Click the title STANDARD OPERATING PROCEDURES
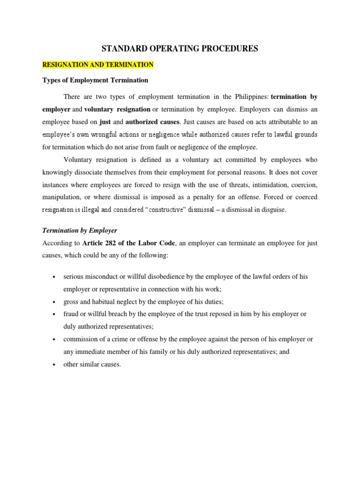coord(180,48)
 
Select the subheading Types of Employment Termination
coord(95,80)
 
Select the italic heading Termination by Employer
coord(80,231)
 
